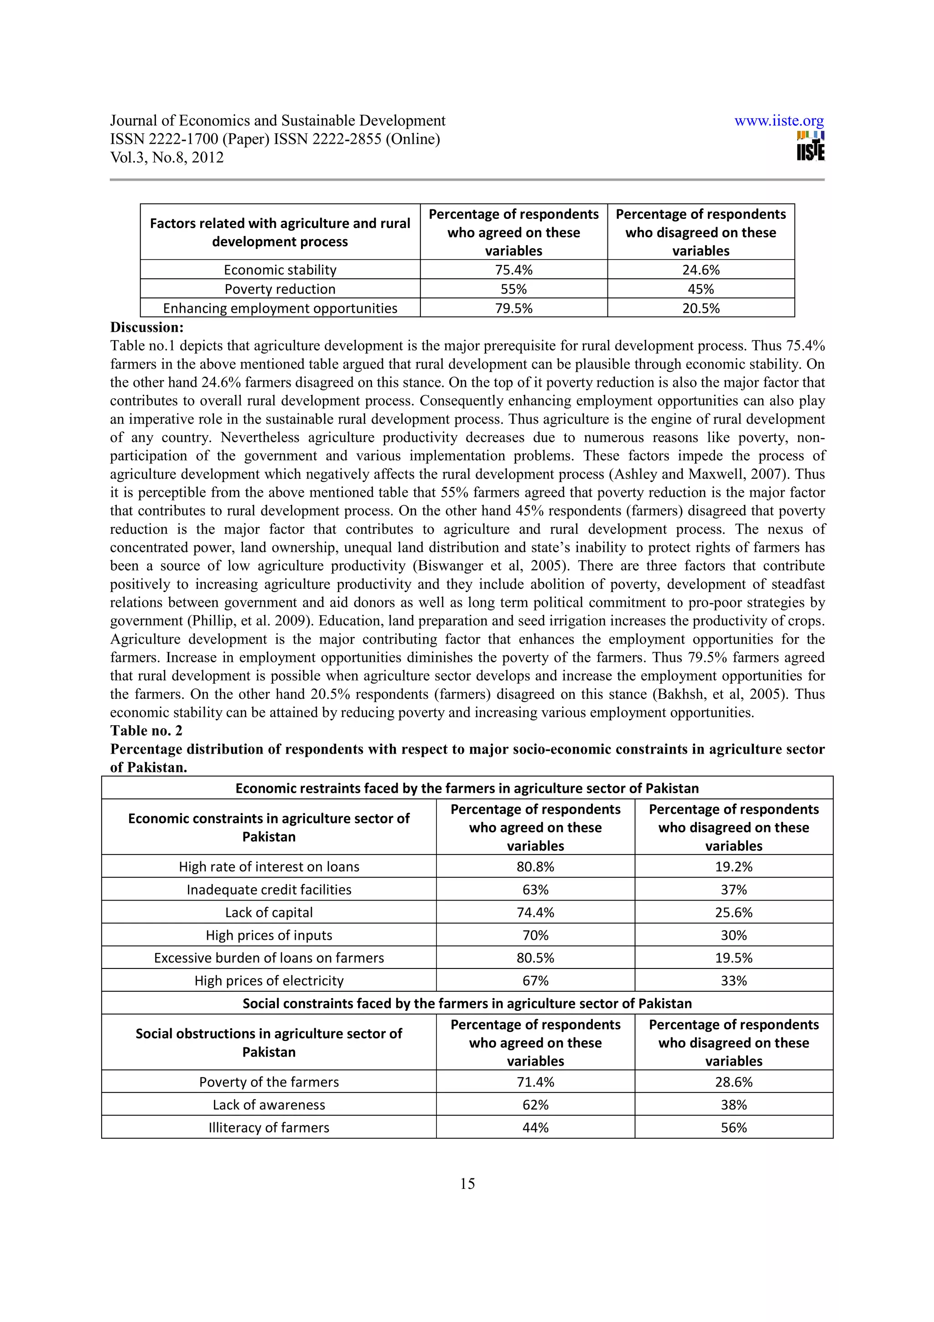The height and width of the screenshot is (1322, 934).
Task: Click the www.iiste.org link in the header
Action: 778,121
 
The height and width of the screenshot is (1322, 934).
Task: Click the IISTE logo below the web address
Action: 810,146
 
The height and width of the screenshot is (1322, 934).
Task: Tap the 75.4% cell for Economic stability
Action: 514,270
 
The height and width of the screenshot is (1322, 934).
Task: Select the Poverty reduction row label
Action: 280,289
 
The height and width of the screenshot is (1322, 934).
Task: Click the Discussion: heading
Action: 147,328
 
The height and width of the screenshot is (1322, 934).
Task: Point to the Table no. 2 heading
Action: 146,731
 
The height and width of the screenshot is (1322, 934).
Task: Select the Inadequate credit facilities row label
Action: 269,890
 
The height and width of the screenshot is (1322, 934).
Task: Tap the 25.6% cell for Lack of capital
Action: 733,913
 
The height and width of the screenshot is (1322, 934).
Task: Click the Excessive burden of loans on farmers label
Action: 269,958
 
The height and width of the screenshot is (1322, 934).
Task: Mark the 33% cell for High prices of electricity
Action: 733,981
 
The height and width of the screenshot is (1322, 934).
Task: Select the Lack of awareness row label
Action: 269,1105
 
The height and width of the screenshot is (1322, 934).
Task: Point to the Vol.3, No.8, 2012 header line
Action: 167,157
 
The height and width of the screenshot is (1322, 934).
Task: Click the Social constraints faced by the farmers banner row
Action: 467,1004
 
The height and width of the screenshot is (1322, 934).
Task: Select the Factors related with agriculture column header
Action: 280,232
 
